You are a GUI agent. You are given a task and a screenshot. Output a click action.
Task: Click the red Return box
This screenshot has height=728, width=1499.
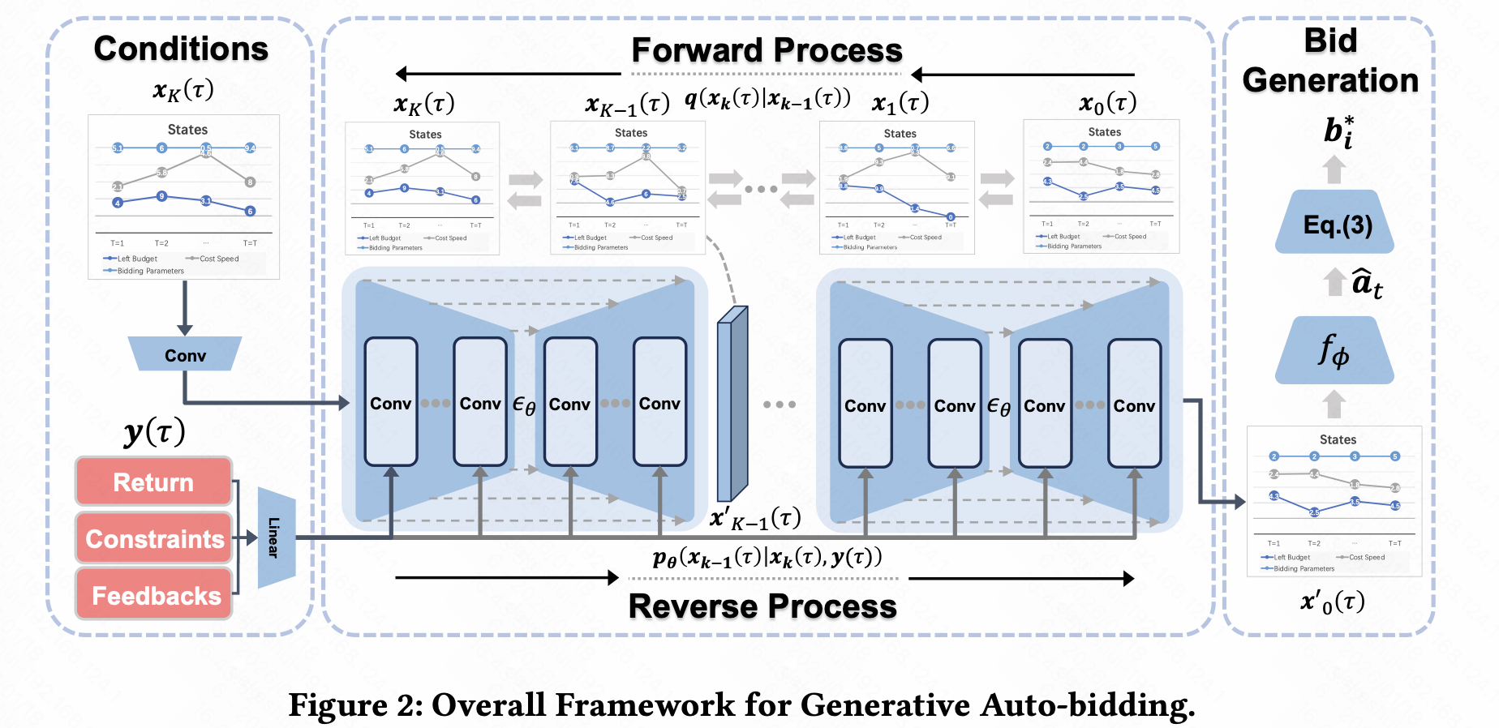(153, 482)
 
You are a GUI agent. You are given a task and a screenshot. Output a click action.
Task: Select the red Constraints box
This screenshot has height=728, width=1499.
(154, 539)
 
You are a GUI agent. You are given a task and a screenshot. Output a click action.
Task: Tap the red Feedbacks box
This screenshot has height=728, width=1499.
(154, 596)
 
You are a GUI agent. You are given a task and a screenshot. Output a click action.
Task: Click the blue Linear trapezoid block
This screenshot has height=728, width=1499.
(275, 537)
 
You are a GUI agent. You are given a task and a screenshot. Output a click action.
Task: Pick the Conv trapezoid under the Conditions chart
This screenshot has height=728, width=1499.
(185, 355)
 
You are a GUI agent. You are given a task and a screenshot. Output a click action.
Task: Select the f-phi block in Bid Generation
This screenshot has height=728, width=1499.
(1334, 352)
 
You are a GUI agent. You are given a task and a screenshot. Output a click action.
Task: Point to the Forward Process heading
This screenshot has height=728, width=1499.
(767, 50)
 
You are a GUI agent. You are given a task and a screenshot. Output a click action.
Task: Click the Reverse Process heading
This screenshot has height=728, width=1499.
(762, 606)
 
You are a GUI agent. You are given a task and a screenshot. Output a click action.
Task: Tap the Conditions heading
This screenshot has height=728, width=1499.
(181, 49)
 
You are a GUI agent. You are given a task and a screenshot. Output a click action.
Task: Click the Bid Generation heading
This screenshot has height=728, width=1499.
(1330, 61)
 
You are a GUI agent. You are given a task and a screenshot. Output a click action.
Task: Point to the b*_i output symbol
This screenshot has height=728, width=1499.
(1338, 131)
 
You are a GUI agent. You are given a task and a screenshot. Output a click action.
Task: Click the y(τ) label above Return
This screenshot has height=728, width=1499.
(154, 431)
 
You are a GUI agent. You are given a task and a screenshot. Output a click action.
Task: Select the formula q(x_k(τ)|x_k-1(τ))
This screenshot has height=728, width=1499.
(767, 100)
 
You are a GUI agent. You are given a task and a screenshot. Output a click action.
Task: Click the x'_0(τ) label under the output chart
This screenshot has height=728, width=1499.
(1333, 602)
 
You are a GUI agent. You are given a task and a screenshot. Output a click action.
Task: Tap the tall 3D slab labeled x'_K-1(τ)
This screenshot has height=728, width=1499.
(732, 404)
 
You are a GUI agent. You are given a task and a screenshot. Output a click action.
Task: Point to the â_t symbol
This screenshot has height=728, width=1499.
(1367, 283)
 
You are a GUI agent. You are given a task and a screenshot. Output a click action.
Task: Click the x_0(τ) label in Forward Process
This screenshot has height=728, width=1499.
(1107, 103)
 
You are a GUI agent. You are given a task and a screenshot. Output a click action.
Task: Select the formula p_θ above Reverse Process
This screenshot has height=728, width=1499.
(767, 558)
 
